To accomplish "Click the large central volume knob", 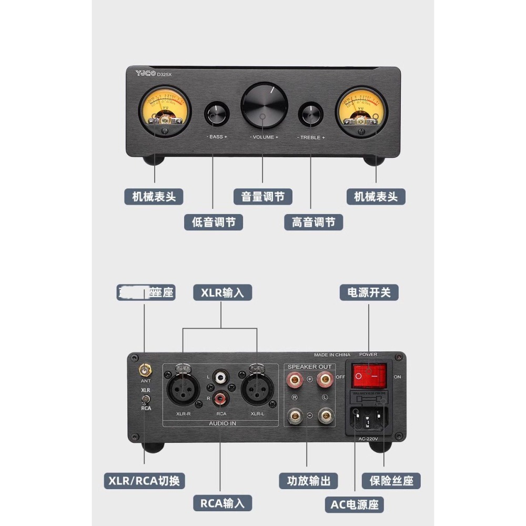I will click(x=264, y=105).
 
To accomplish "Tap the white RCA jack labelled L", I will click(x=220, y=377).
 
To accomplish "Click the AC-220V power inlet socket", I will click(x=368, y=419).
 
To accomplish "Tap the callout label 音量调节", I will click(x=263, y=197).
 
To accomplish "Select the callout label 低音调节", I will click(x=214, y=222).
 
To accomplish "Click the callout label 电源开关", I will click(x=369, y=292).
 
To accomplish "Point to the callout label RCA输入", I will click(x=222, y=503).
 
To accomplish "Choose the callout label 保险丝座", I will click(x=391, y=481).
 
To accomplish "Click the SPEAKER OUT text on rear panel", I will click(x=310, y=367).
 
